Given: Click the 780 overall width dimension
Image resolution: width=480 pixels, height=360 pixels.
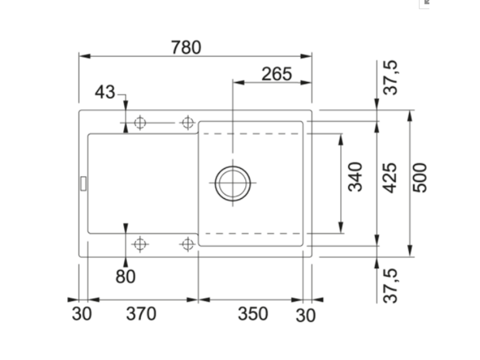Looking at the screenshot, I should coord(186,47).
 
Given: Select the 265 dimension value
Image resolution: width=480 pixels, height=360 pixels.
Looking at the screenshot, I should coord(277,74).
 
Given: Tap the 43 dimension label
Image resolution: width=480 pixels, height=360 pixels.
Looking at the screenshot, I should coord(105,92).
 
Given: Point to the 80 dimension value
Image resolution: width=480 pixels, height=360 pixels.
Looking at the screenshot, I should coord(125,277).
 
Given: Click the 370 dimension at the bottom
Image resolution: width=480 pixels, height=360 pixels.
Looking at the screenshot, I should coord(141,314).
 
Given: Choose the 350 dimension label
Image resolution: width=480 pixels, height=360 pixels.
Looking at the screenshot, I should coord(253,314).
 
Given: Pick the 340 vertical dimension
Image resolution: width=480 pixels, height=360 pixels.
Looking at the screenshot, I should coord(356,177).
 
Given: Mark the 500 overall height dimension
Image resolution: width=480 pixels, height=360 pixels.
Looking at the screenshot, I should coord(420,178).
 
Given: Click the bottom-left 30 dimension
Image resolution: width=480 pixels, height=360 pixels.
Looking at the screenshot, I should coord(82,314).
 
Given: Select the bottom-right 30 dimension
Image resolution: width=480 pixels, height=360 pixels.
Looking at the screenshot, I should coord(306,315).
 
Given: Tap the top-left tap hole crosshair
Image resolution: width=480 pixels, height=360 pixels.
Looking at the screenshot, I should coord(140,123).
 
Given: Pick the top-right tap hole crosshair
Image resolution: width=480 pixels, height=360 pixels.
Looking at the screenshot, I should coord(187,123).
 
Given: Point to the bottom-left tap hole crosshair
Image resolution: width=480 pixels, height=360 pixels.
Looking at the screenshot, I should coord(140,244).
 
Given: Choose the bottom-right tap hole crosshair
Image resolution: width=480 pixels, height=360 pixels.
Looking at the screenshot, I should coord(187,244).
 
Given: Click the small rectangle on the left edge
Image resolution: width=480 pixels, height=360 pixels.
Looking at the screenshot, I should coord(82,183).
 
